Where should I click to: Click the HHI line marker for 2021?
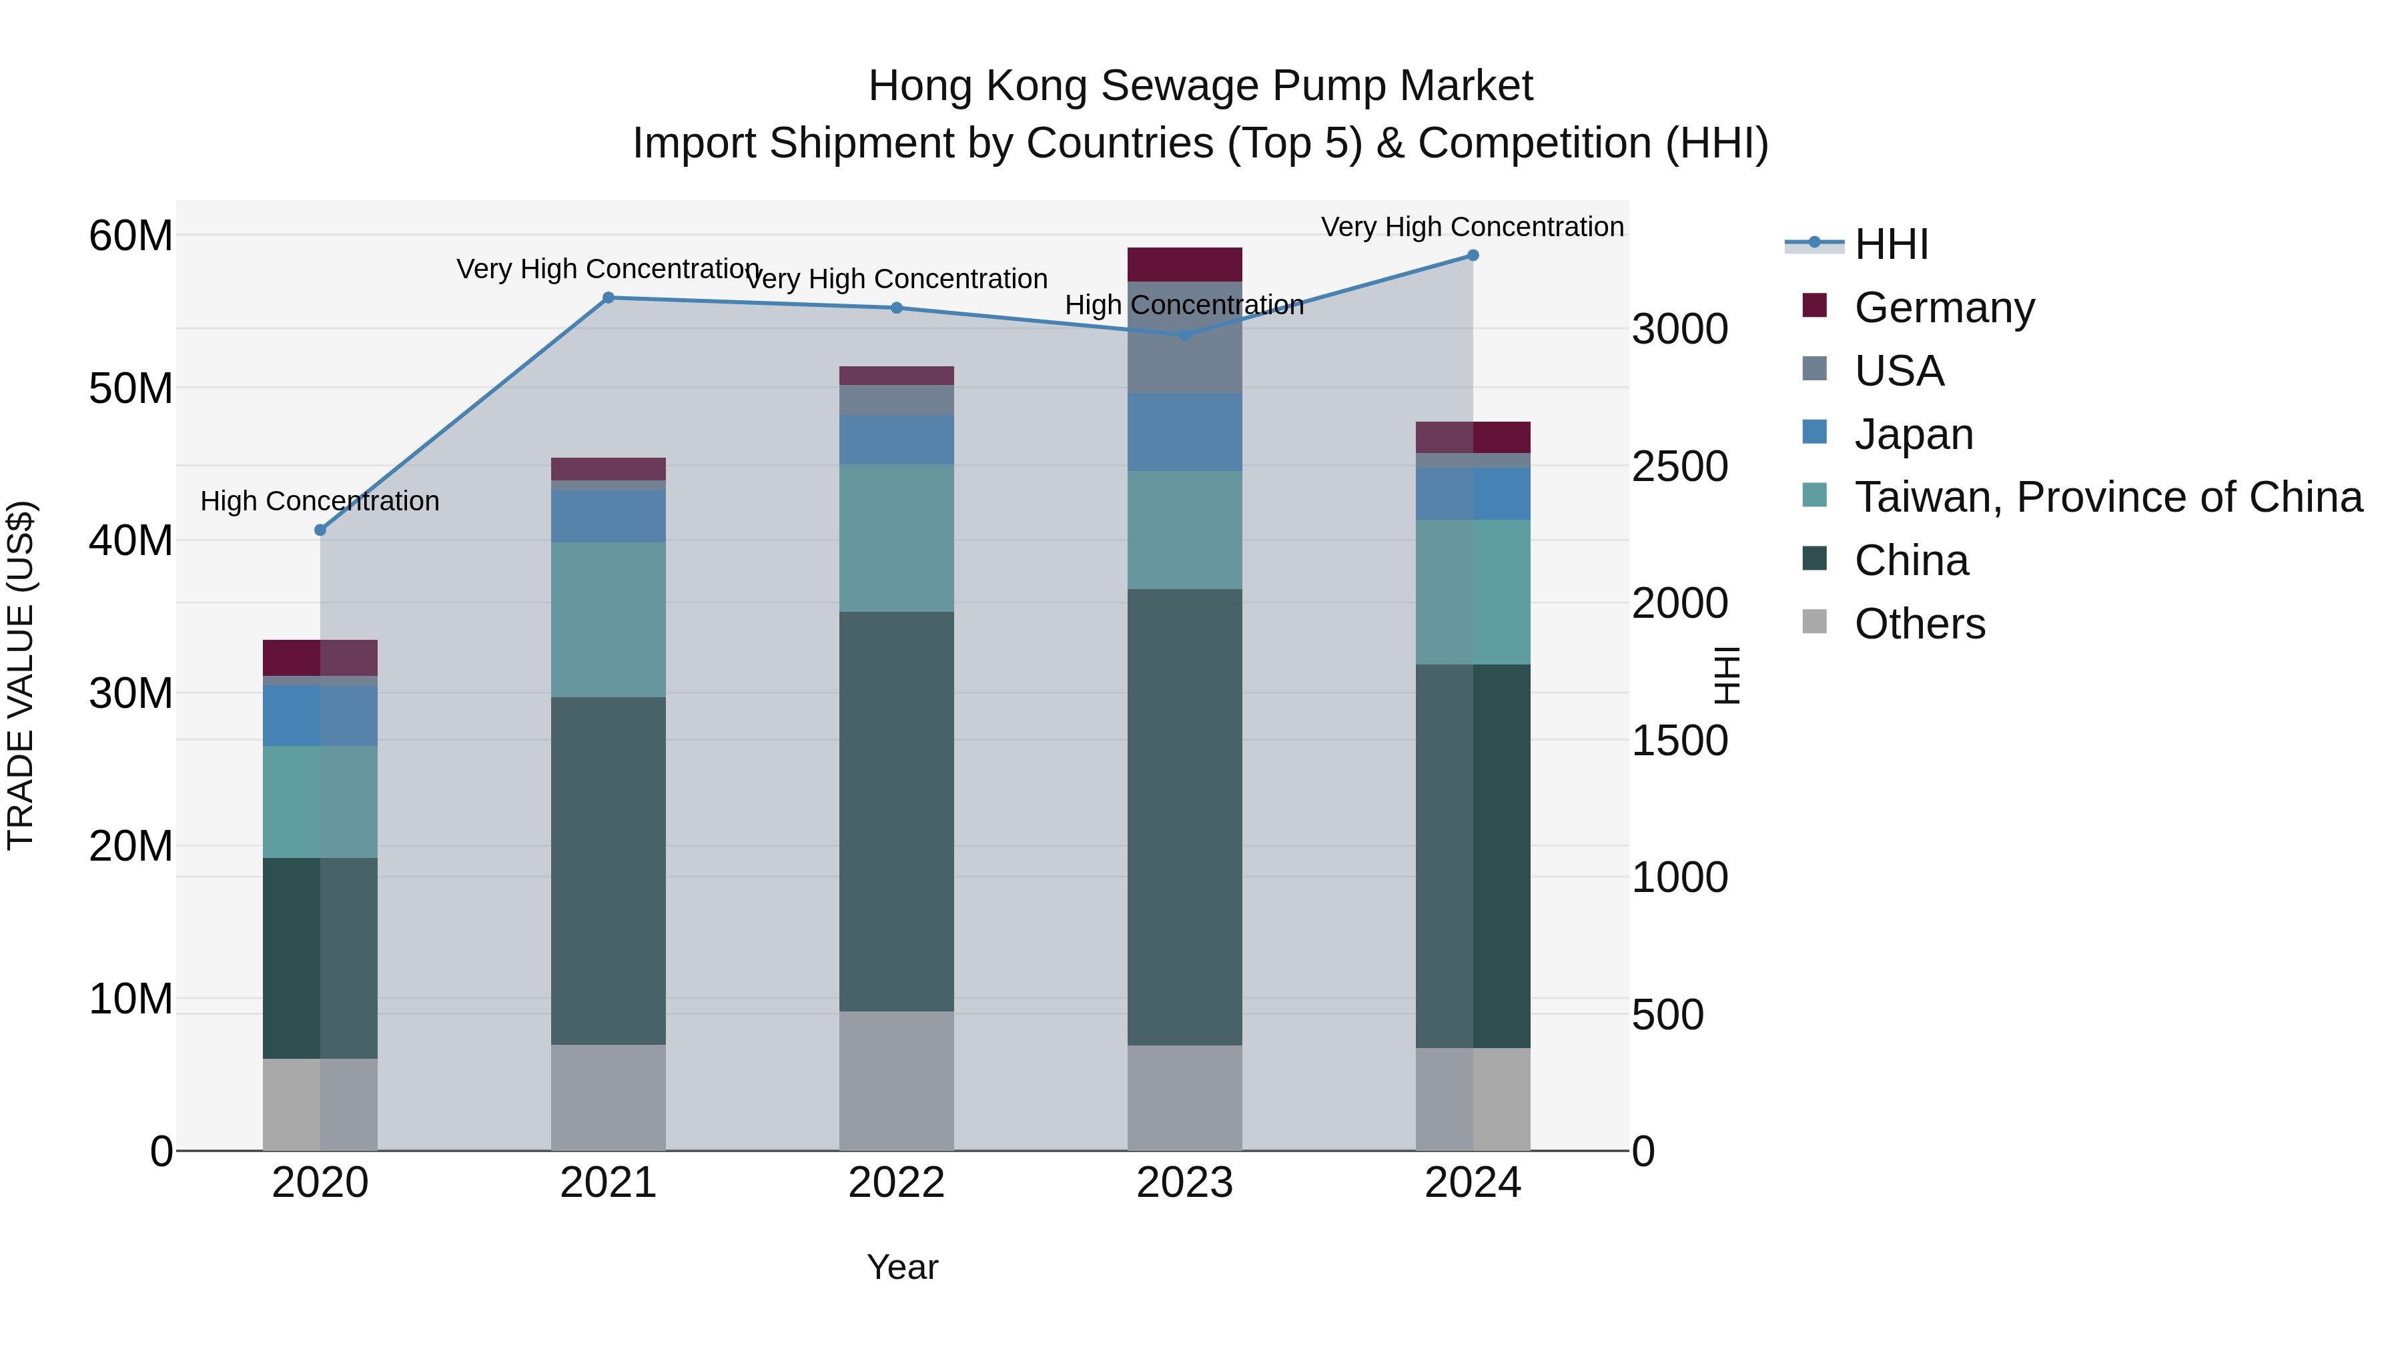(608, 298)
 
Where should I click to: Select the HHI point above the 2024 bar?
(1473, 255)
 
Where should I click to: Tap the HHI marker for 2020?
(320, 530)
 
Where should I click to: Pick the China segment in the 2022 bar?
(896, 811)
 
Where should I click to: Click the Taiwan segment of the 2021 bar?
(608, 619)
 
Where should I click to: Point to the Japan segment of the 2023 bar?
(1184, 432)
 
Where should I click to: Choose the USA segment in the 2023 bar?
(1184, 337)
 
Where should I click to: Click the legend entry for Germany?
(1944, 307)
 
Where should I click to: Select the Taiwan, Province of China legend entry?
(2107, 497)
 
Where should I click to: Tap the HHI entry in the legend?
(1891, 244)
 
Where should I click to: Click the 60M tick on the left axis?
(131, 236)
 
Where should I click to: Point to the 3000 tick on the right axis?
(1679, 329)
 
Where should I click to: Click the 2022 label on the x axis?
(896, 1183)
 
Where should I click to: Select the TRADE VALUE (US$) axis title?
(21, 675)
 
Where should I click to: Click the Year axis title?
(901, 1267)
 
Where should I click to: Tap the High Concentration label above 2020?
(320, 500)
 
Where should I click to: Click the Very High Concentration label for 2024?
(1473, 227)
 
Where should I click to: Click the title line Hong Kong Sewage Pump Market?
(1200, 86)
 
